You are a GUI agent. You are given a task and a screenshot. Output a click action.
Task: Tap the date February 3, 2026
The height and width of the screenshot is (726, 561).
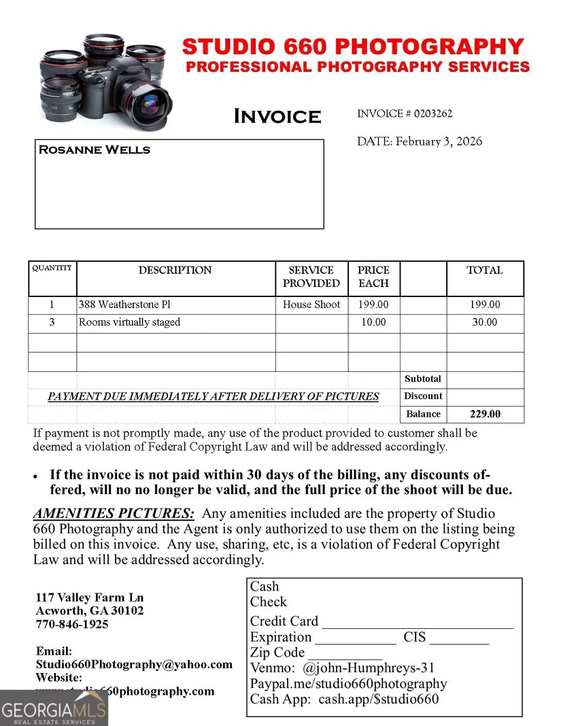(x=439, y=141)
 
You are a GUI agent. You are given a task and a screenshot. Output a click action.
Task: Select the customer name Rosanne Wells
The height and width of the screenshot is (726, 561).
(x=95, y=150)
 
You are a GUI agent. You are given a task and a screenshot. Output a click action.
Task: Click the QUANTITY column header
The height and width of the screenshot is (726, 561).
(x=52, y=268)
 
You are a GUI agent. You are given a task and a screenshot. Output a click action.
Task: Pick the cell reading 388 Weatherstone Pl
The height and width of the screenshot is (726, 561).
(x=120, y=305)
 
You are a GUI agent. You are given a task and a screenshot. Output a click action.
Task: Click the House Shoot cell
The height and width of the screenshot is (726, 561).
(x=311, y=305)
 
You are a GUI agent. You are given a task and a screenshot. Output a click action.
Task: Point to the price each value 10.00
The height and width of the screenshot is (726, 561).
(x=373, y=322)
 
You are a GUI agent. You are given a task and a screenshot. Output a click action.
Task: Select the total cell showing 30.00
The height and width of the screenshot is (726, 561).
(x=485, y=322)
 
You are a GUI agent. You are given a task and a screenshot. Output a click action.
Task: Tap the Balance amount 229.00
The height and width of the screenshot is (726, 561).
(x=485, y=414)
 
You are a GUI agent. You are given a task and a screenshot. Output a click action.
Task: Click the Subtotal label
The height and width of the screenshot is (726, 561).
(x=423, y=379)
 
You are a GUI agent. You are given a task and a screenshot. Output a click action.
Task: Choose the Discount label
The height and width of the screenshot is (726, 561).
(x=423, y=396)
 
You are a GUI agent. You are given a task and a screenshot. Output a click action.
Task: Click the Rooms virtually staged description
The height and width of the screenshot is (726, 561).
(x=129, y=322)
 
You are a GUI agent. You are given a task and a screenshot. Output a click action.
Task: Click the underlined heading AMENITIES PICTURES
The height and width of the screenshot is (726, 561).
(x=114, y=513)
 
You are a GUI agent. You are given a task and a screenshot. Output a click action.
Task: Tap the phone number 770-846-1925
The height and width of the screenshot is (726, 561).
(x=72, y=624)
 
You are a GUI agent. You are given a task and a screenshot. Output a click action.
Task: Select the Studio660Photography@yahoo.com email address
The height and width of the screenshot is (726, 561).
(x=134, y=664)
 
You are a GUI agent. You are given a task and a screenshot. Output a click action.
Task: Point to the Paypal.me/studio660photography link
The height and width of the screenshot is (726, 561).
(x=348, y=683)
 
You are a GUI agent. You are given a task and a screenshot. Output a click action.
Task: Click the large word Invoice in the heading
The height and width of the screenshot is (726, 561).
(x=277, y=116)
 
